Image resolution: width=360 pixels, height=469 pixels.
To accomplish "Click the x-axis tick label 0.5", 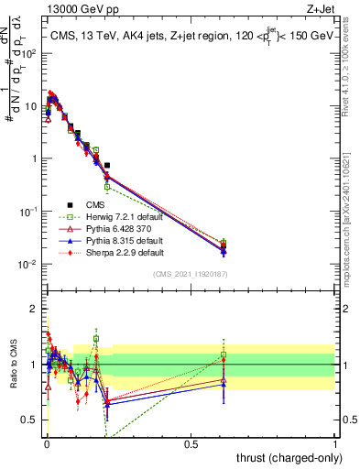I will [x=191, y=444].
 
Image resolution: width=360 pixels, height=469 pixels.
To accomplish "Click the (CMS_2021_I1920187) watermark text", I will [x=189, y=274].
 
